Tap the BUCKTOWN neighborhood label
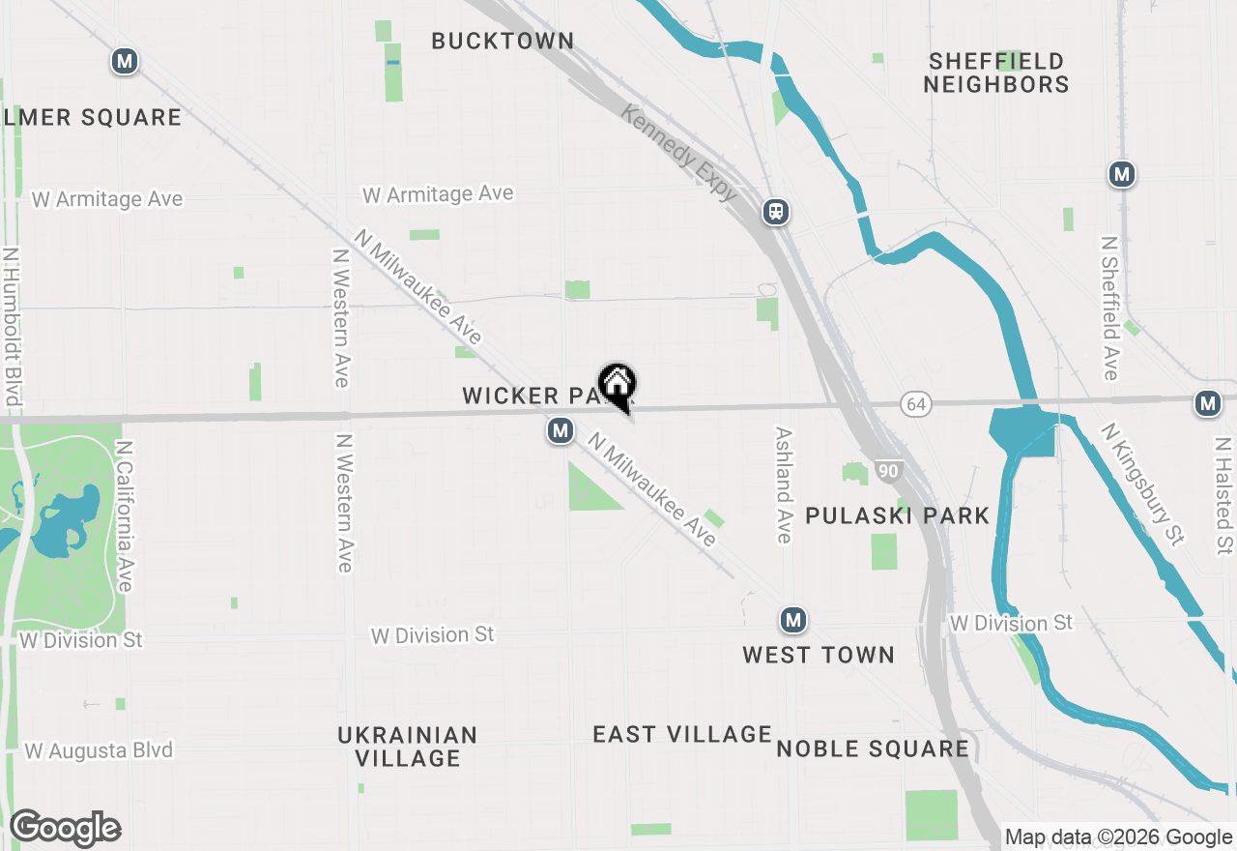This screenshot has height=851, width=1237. [503, 41]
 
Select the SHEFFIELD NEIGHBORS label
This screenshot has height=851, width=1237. [995, 73]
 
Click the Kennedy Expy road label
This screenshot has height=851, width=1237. [679, 154]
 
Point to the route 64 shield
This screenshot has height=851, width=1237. [916, 404]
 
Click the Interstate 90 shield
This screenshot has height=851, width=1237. [888, 471]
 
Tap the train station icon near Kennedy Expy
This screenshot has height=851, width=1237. [775, 212]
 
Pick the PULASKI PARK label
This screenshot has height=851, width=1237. [897, 515]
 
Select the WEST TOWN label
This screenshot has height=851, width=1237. [819, 655]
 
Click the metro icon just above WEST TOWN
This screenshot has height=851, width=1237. [793, 620]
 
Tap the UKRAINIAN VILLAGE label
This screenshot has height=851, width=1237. [407, 747]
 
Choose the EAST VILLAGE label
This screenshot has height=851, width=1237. [682, 734]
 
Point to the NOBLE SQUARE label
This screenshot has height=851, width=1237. [873, 748]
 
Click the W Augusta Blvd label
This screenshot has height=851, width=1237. [99, 750]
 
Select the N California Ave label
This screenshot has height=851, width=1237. [125, 516]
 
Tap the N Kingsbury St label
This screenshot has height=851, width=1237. [1140, 484]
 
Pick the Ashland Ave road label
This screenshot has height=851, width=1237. [784, 485]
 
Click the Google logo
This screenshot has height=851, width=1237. [65, 829]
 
